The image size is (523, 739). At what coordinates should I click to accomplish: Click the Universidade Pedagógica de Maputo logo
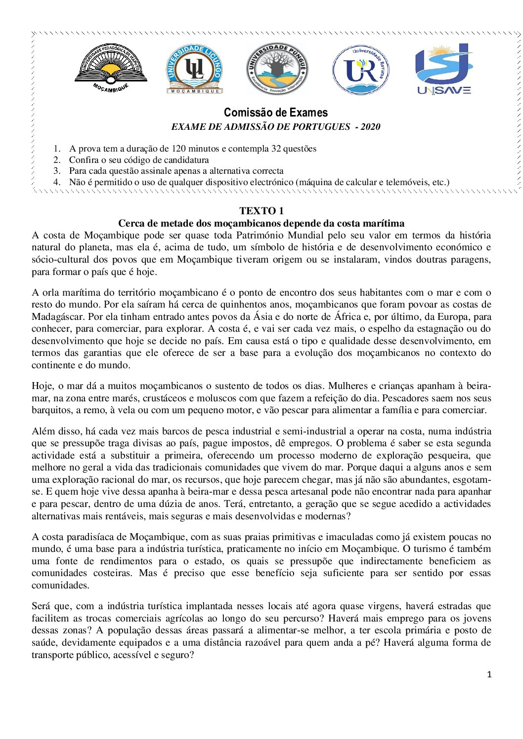pos(111,68)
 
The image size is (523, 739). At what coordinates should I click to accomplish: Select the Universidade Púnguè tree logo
pos(277,69)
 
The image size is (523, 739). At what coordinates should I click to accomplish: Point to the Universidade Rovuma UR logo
pos(361,70)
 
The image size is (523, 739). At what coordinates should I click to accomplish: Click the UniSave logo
pos(444,69)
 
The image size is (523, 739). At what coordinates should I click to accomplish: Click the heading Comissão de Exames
pos(276,113)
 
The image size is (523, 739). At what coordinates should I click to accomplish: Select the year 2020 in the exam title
pos(370,127)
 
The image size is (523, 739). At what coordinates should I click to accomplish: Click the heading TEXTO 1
pos(261,211)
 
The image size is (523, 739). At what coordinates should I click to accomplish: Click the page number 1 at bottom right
pos(489,675)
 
